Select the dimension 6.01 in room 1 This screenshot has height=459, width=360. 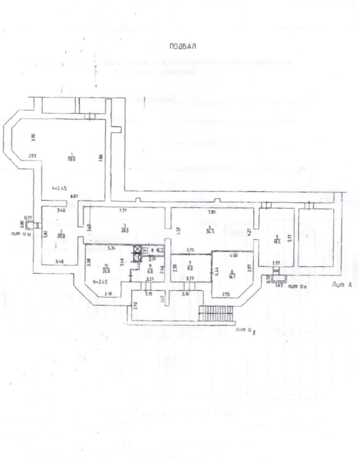(74, 196)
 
